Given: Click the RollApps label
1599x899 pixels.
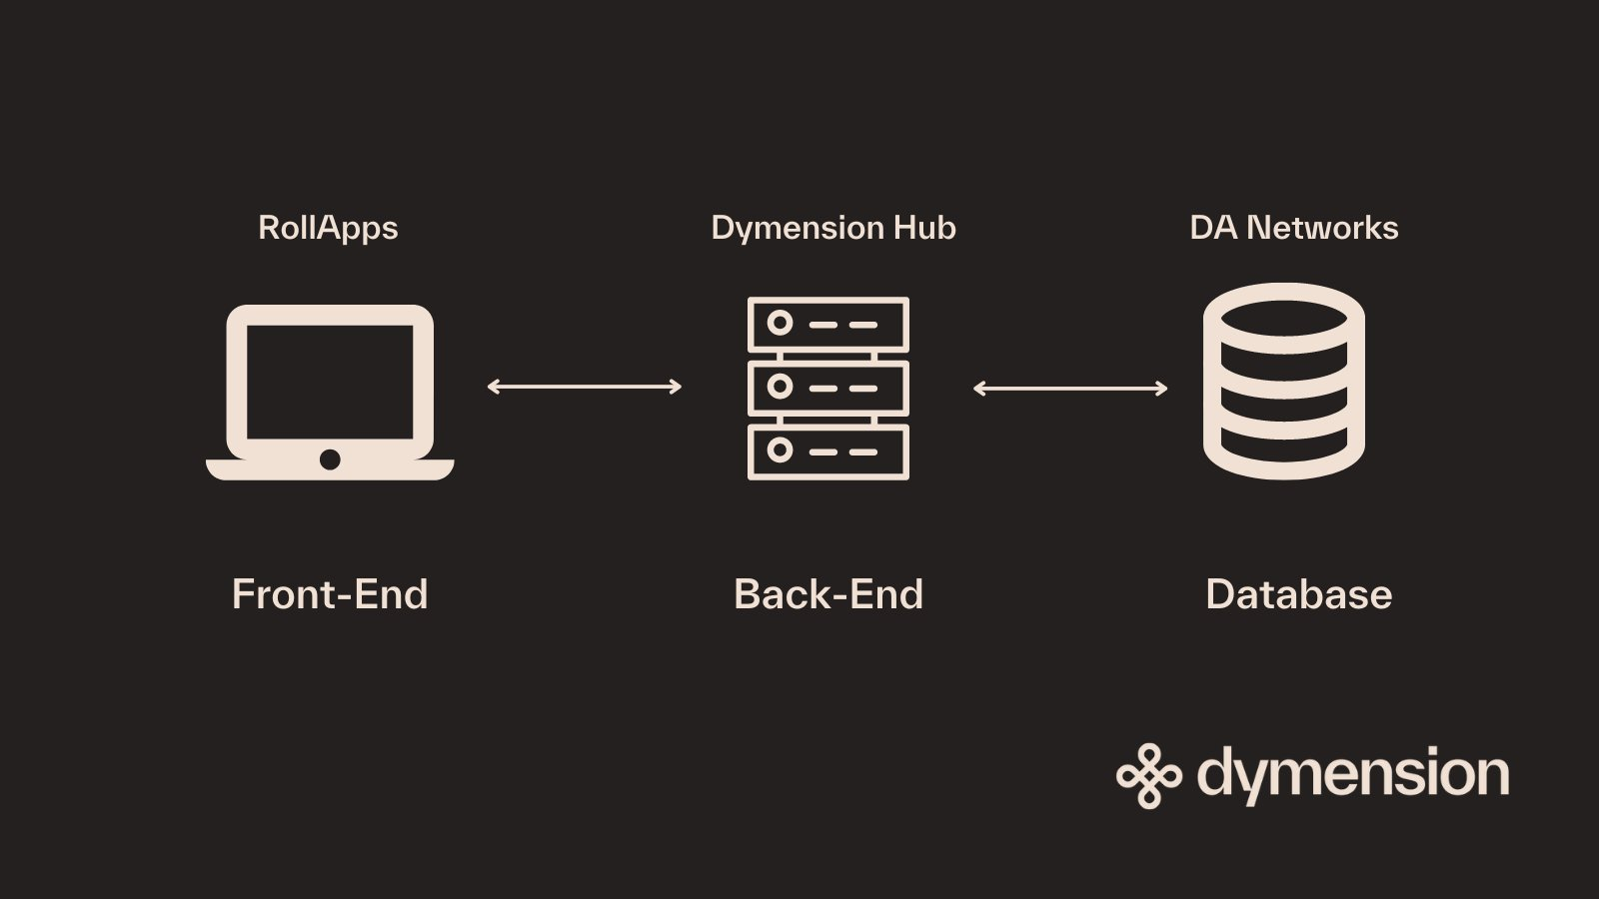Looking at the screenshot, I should pyautogui.click(x=328, y=229).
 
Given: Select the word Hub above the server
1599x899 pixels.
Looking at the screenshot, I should pyautogui.click(x=924, y=228).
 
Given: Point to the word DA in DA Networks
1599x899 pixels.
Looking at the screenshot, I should pyautogui.click(x=1213, y=228).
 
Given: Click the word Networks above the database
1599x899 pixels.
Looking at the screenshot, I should pyautogui.click(x=1322, y=228).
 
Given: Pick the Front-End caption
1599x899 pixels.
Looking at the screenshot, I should pyautogui.click(x=330, y=594).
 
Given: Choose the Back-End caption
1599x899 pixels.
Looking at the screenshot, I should pyautogui.click(x=828, y=594).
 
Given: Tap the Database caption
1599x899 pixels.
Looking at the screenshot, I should pyautogui.click(x=1298, y=594).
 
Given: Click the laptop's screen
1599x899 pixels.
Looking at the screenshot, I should pyautogui.click(x=330, y=381).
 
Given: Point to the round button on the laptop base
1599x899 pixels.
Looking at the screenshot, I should pyautogui.click(x=330, y=459).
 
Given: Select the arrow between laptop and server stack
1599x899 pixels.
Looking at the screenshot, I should pyautogui.click(x=584, y=387).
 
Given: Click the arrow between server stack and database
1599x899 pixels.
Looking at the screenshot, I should pyautogui.click(x=1070, y=388).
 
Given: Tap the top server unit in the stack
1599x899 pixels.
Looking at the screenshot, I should pyautogui.click(x=828, y=324).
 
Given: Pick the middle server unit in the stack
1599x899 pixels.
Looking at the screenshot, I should pyautogui.click(x=828, y=388).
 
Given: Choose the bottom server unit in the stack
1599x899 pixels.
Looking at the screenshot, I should pyautogui.click(x=828, y=451).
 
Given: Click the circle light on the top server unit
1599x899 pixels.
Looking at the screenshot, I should pyautogui.click(x=780, y=324).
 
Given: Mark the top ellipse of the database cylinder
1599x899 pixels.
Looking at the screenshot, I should pyautogui.click(x=1284, y=312).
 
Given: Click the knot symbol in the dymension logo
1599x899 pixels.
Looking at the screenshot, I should pyautogui.click(x=1148, y=775).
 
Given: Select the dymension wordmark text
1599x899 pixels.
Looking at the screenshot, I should pyautogui.click(x=1353, y=775).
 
